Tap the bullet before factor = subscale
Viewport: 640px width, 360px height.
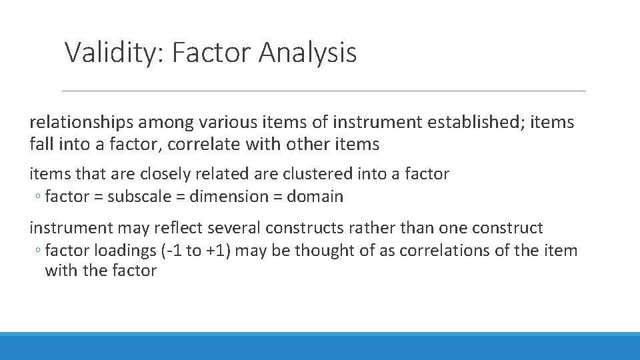click(x=39, y=197)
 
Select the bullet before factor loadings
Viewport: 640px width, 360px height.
click(x=39, y=251)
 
